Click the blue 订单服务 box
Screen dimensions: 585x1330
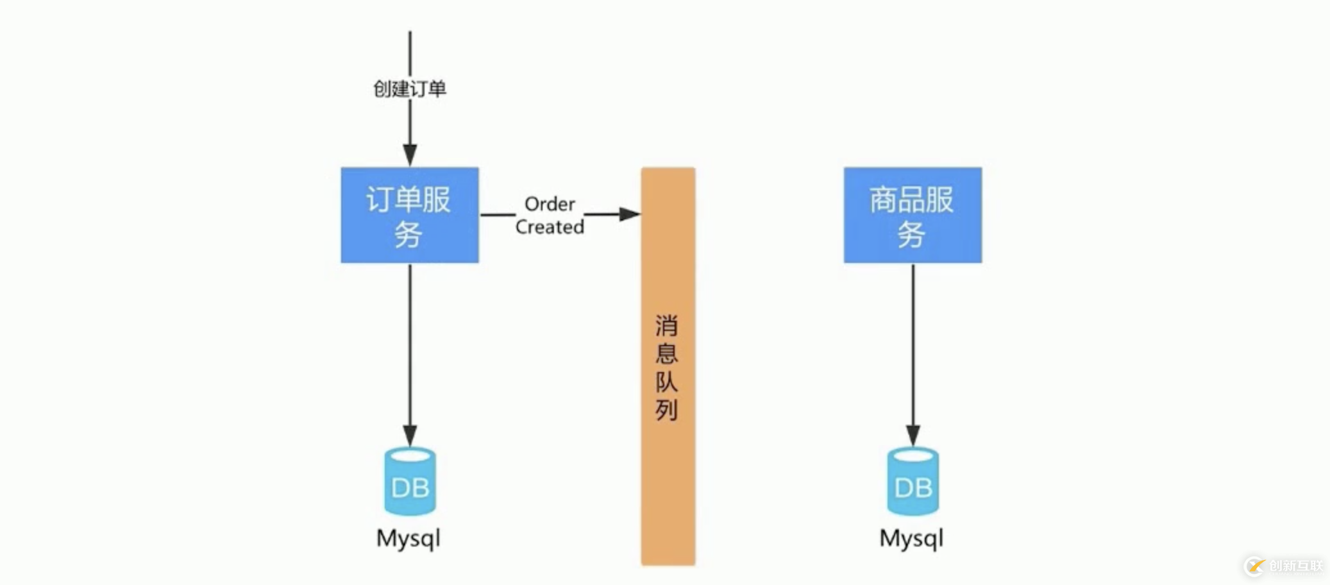[410, 215]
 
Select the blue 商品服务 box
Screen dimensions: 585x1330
[913, 215]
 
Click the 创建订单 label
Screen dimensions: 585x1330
[410, 89]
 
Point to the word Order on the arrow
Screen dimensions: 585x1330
[550, 204]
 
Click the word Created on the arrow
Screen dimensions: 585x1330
[550, 227]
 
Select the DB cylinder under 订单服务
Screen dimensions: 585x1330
[410, 482]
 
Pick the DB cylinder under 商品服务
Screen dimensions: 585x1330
[913, 482]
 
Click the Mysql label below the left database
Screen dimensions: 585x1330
[408, 539]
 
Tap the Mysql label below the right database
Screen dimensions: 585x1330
[911, 539]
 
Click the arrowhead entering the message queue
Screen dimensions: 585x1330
[630, 214]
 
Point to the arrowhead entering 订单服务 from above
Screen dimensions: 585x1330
[410, 155]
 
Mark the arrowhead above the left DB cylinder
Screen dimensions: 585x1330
[410, 435]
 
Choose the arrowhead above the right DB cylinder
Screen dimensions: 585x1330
[913, 435]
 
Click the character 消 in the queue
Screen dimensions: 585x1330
[667, 326]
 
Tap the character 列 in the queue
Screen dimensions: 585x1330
[667, 409]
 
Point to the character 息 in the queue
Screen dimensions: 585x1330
[667, 353]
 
